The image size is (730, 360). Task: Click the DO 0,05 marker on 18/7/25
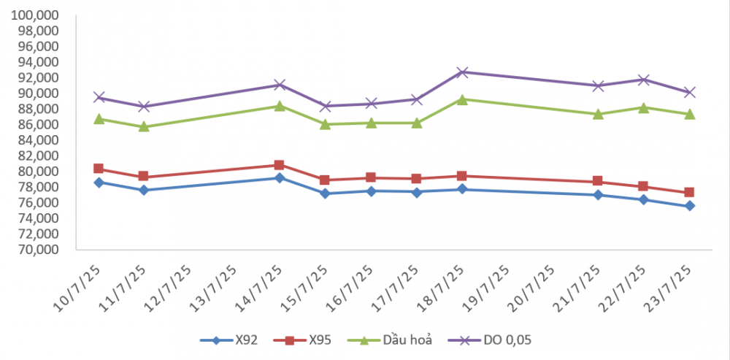point(462,72)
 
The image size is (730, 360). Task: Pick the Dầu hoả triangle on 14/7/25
point(280,106)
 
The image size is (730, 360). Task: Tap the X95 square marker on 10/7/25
point(99,169)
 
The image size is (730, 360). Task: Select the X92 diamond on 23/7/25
point(689,206)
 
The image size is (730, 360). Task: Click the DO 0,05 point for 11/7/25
point(144,107)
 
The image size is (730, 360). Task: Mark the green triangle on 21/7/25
point(598,114)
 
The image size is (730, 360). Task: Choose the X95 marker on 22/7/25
point(643,186)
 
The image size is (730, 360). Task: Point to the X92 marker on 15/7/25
point(326,194)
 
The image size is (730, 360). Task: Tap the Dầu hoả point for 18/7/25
point(462,99)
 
